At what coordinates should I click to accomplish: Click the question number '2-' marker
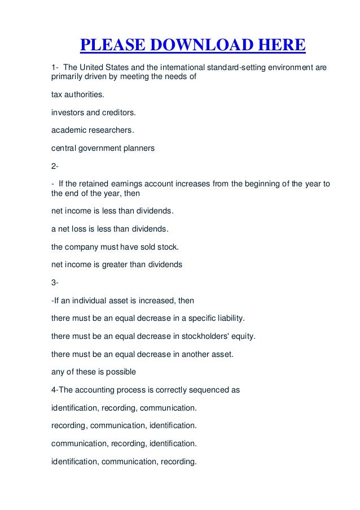[55, 167]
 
